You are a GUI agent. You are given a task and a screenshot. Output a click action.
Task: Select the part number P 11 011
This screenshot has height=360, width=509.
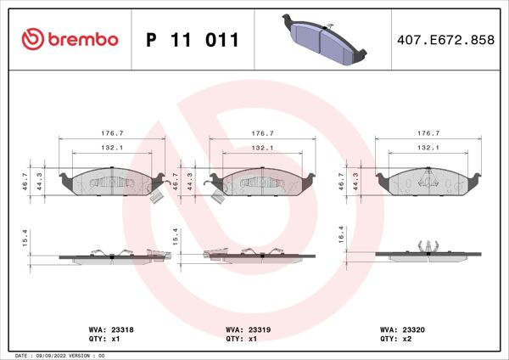coord(193,40)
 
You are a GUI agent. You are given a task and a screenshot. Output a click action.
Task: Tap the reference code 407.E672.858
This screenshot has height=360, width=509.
coord(445,40)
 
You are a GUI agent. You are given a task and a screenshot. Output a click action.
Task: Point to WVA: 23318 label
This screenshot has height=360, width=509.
coord(109,328)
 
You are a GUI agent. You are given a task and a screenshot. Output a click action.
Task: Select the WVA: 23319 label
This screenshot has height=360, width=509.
coord(247,328)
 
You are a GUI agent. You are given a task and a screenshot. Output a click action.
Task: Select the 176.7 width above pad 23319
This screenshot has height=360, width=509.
coord(263,133)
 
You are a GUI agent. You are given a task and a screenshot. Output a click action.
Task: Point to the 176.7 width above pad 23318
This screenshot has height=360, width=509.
coord(112,133)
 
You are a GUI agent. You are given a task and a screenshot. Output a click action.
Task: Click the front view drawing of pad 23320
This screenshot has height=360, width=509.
coord(431,181)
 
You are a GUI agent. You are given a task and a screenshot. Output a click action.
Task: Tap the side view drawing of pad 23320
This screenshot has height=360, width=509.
coord(431,253)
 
